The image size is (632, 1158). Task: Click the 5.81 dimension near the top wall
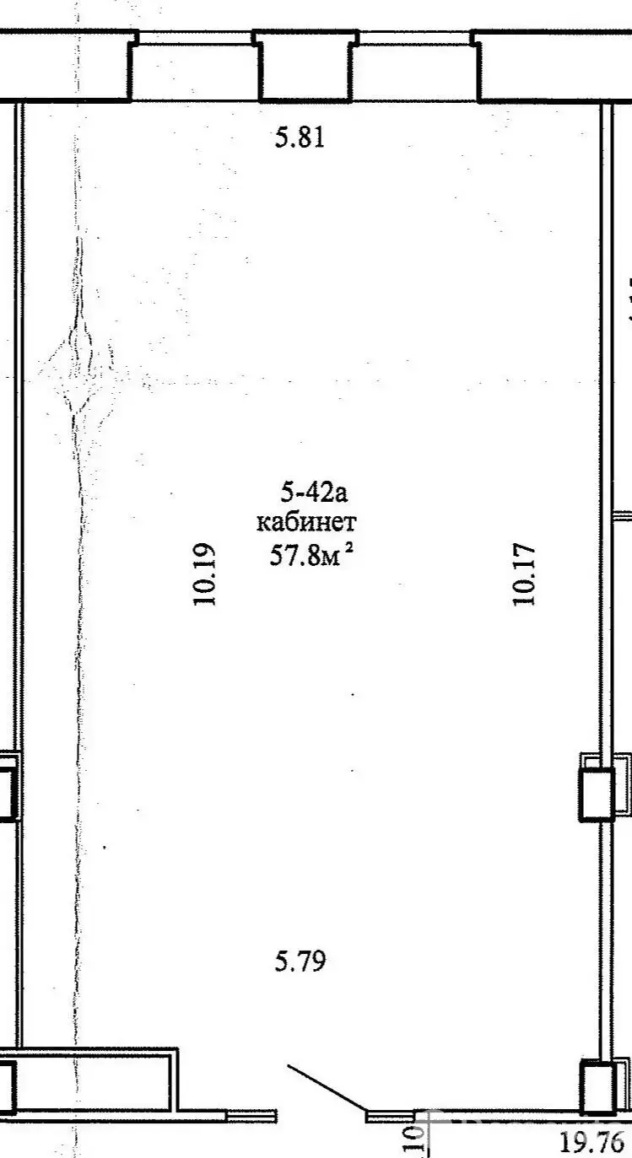pyautogui.click(x=300, y=137)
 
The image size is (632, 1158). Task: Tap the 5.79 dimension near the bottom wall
pyautogui.click(x=300, y=961)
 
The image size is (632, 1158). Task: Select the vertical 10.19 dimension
pyautogui.click(x=206, y=574)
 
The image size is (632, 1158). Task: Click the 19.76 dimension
pyautogui.click(x=592, y=1142)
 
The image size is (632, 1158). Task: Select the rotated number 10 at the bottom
pyautogui.click(x=412, y=1139)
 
